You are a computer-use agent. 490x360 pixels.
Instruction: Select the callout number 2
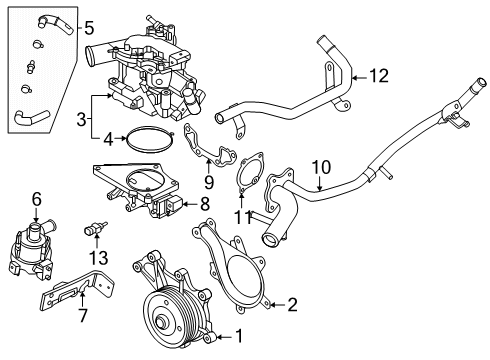[292, 304]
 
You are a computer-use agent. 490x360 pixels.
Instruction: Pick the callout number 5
[88, 27]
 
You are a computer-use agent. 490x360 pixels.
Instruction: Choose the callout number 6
[36, 198]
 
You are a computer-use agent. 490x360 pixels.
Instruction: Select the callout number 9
[208, 181]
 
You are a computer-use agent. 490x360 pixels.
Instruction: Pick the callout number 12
[377, 74]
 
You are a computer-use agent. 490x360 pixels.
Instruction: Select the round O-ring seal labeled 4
[150, 140]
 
